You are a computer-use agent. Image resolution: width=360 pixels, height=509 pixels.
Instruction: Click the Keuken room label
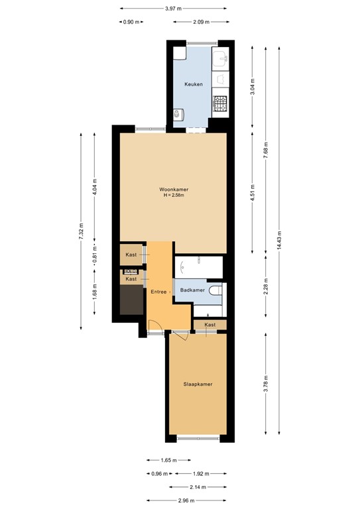(193, 84)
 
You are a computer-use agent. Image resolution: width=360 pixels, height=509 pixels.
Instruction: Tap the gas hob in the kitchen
(219, 103)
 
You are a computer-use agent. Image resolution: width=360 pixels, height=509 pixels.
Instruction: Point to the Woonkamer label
(174, 188)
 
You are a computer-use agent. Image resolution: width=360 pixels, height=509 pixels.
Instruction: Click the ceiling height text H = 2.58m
(174, 195)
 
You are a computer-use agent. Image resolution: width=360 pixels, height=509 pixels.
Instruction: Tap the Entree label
(158, 292)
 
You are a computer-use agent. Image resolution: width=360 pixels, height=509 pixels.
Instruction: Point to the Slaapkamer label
(198, 384)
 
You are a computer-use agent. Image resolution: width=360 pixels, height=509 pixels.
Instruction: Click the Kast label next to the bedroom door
(210, 325)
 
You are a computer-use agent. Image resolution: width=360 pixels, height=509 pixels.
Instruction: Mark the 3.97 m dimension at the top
(173, 9)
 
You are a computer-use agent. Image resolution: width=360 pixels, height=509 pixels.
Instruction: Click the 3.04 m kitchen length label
(253, 86)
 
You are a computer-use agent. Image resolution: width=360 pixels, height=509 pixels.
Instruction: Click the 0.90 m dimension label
(131, 22)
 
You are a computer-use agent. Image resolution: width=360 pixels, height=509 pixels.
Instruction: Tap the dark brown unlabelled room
(132, 300)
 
